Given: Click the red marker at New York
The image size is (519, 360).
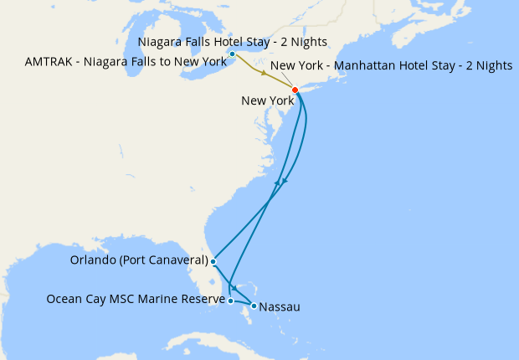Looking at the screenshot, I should (x=295, y=90).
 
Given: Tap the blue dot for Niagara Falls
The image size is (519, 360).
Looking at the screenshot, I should (x=232, y=54).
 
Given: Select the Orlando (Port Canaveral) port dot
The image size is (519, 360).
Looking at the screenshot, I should (x=213, y=261).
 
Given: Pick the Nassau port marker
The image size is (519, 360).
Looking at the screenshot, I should (x=254, y=306).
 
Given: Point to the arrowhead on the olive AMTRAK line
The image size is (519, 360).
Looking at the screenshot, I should (x=265, y=75).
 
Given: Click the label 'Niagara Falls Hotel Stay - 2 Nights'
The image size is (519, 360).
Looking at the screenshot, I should (x=232, y=42).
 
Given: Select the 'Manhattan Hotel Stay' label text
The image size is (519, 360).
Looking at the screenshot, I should (x=392, y=65).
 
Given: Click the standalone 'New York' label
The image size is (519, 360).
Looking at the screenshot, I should (x=265, y=100).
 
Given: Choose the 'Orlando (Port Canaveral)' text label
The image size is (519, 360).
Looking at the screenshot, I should (x=139, y=260).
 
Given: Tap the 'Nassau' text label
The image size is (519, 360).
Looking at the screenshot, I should (x=280, y=307).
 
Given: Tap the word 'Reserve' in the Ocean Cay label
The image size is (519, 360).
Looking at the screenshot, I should (x=202, y=299).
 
